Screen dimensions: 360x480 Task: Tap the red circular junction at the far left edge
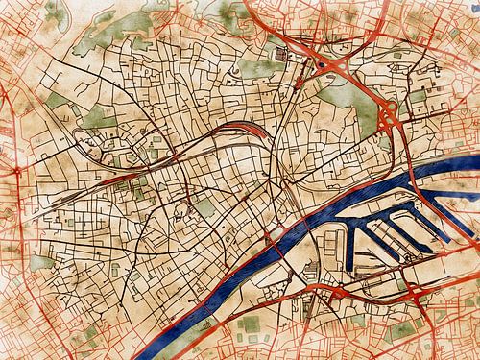tap(16, 171)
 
